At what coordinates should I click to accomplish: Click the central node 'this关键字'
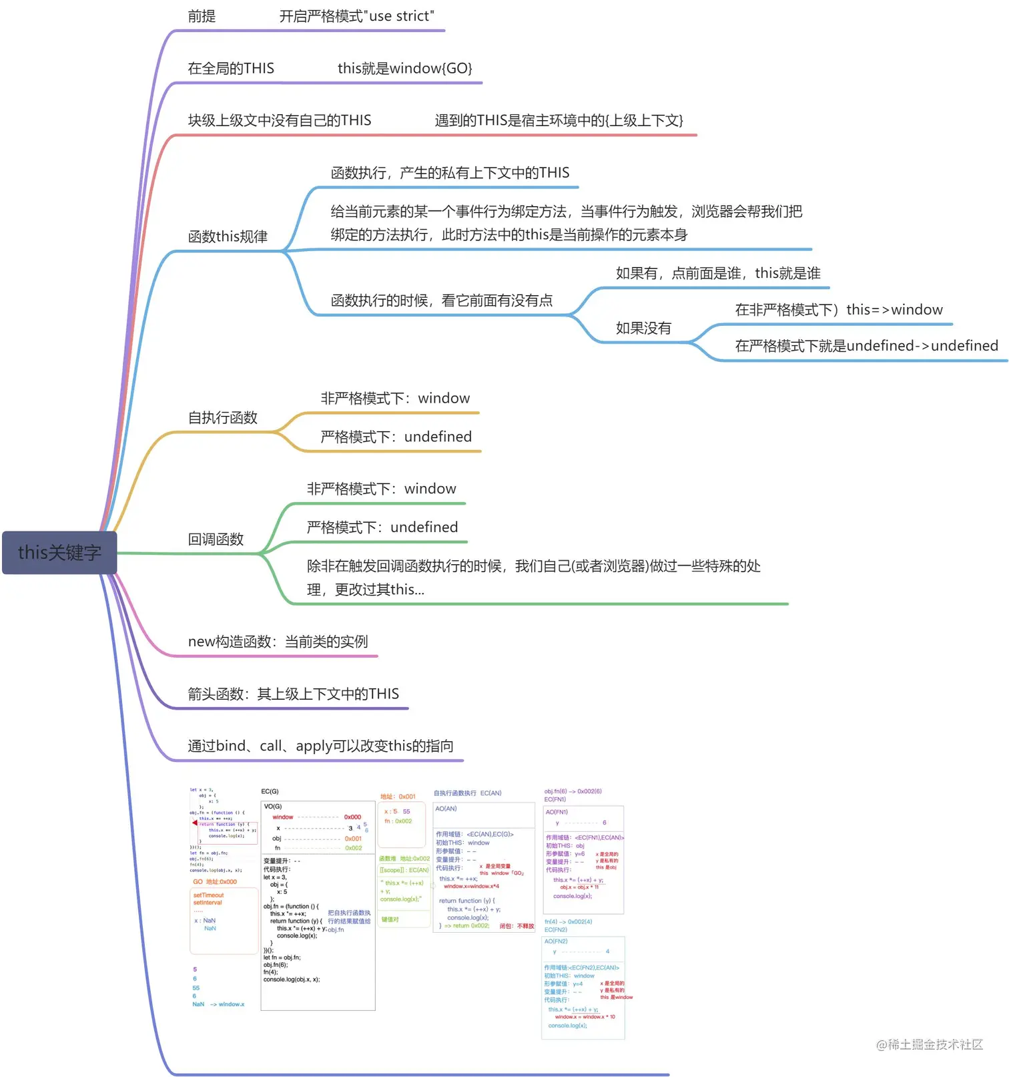pos(59,552)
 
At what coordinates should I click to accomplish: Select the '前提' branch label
pos(202,16)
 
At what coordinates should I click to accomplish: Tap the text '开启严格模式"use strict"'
pos(356,16)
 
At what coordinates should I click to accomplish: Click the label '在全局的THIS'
pos(231,68)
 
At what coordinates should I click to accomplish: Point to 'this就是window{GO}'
pos(404,68)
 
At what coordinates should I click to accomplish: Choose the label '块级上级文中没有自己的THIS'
pos(280,120)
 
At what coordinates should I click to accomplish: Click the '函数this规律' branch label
pos(228,236)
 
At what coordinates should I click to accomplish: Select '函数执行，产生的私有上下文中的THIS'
pos(450,173)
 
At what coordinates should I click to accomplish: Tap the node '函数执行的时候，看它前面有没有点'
pos(442,300)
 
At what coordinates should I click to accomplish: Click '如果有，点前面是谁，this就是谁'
pos(718,273)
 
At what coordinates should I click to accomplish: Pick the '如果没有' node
pos(643,328)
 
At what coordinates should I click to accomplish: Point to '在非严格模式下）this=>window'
pos(839,310)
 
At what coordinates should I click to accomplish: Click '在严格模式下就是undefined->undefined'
pos(866,346)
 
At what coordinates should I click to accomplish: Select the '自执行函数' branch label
pos(223,417)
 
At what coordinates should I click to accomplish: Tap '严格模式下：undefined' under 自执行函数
pos(396,437)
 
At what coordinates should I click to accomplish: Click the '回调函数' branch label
pos(216,539)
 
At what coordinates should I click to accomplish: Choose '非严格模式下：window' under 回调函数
pos(381,489)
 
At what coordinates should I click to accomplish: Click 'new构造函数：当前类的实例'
pos(278,642)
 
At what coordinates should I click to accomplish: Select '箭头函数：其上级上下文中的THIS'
pos(293,694)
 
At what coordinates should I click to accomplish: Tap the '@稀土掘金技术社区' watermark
pos(929,1044)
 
